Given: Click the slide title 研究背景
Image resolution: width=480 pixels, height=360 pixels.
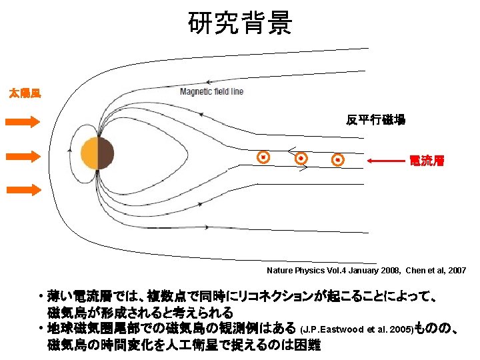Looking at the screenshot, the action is point(239,24).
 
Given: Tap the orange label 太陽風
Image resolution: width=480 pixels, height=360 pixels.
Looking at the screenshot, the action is point(24,93).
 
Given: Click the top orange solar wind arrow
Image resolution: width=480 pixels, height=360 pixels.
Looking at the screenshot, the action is point(24,121).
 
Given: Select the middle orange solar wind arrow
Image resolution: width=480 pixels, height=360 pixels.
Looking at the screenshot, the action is point(24,156).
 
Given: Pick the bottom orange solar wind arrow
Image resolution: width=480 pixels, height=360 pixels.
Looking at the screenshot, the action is point(24,190).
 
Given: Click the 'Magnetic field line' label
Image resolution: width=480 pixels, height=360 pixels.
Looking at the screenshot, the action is point(211,91).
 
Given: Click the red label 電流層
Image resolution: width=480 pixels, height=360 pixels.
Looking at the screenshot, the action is point(427,161).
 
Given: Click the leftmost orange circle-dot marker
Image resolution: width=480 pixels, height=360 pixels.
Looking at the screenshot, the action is point(264,157).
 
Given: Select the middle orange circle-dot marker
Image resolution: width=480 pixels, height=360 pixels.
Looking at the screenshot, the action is point(301,159).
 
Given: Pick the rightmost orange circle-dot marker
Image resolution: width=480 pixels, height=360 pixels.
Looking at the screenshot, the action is point(338,160).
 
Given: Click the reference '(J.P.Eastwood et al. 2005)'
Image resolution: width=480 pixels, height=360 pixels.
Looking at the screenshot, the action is point(357,329).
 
